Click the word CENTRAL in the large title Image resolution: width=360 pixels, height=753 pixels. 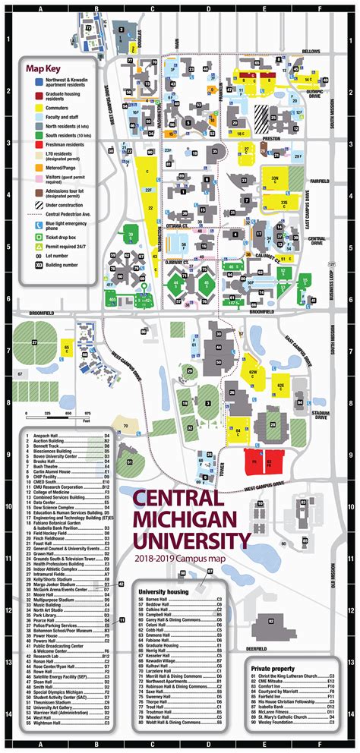177,499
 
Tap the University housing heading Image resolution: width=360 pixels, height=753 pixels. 163,569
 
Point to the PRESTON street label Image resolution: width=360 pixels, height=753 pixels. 270,138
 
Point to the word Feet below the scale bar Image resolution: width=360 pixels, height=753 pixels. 87,420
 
